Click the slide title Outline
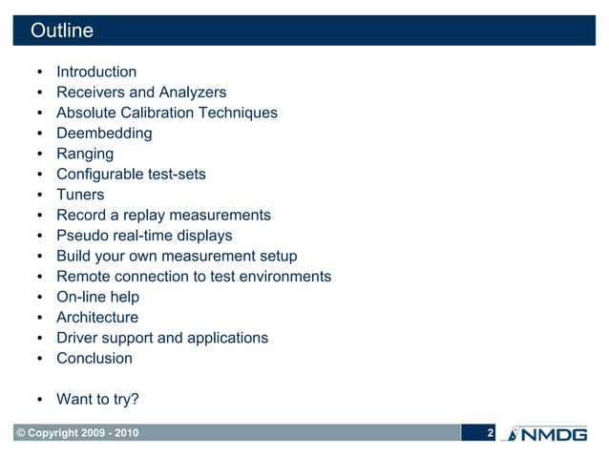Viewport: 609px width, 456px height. pos(62,31)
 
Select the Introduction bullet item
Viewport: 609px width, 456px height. pos(96,72)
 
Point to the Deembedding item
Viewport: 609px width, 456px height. pos(104,134)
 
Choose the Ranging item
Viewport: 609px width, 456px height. pos(85,154)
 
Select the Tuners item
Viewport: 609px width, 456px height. pos(80,195)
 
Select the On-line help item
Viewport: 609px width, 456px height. pos(97,298)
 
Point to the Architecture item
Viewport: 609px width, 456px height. pos(97,318)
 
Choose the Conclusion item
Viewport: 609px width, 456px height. pos(94,359)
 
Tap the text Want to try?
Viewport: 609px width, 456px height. pos(97,400)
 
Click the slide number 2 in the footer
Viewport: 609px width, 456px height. pos(490,435)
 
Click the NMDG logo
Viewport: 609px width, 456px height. pos(554,435)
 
